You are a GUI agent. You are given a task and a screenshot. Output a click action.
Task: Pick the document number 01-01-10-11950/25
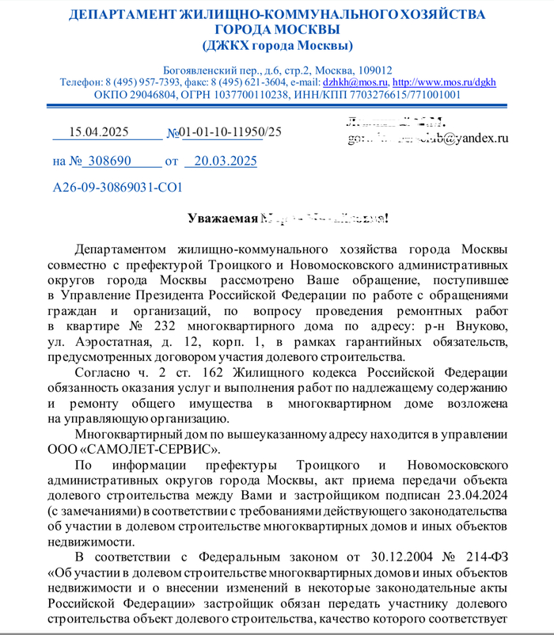tap(230, 132)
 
